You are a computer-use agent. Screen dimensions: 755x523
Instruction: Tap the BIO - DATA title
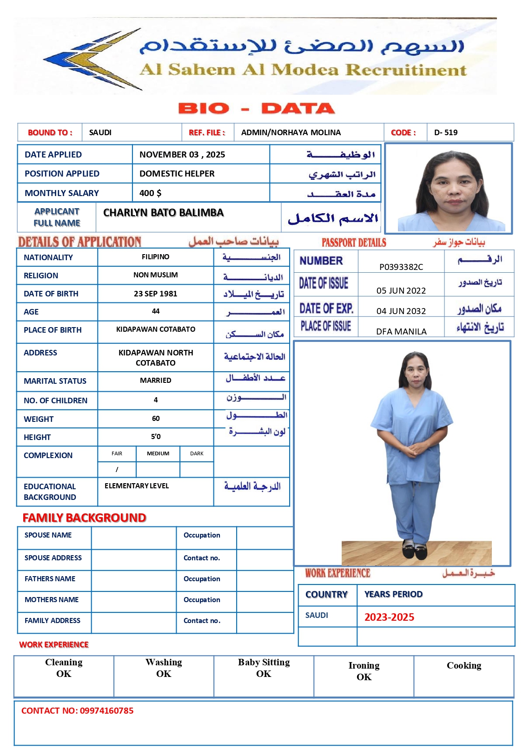click(256, 109)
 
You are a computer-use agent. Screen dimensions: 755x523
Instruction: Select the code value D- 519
click(445, 132)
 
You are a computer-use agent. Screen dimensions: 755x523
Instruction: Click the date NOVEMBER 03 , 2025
click(182, 155)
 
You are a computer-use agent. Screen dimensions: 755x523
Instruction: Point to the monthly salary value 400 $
click(150, 193)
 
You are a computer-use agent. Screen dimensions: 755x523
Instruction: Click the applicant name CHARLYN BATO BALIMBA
click(163, 213)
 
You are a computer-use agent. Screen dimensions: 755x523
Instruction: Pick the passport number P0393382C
click(401, 267)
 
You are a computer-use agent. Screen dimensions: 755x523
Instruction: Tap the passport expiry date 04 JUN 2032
click(401, 311)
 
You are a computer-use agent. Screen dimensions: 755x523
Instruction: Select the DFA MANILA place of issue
click(401, 331)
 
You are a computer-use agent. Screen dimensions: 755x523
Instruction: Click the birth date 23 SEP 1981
click(155, 294)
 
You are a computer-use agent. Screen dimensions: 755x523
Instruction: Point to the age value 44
click(155, 311)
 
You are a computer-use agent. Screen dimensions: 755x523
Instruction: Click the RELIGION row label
click(41, 276)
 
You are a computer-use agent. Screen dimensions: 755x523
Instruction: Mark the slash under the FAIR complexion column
click(117, 469)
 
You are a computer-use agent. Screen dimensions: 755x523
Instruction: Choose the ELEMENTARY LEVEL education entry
click(137, 486)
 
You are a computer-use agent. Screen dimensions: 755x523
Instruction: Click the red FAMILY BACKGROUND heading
click(84, 518)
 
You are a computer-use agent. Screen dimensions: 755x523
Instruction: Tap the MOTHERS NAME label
click(52, 600)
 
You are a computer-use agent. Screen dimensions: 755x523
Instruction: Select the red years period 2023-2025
click(389, 617)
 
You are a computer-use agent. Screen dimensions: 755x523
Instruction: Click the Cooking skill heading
click(463, 666)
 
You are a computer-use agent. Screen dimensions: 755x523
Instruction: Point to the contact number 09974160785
click(106, 710)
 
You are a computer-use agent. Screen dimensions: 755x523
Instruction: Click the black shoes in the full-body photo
click(414, 552)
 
